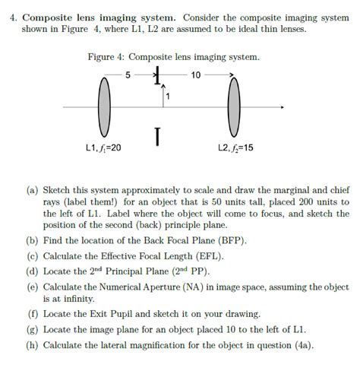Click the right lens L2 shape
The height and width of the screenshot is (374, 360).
point(232,107)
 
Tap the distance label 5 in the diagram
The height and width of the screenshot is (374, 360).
point(128,75)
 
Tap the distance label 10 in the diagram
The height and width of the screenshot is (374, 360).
point(196,75)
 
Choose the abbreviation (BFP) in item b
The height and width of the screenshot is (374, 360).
point(229,239)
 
